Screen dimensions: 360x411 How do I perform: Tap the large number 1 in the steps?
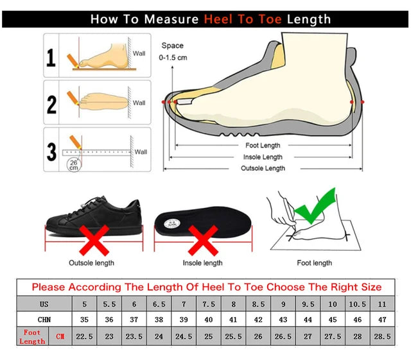[x=52, y=58]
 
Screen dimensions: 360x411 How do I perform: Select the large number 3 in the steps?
[x=52, y=151]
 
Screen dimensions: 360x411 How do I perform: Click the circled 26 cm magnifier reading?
[x=74, y=164]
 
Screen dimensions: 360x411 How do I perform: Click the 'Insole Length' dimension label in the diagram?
[x=263, y=157]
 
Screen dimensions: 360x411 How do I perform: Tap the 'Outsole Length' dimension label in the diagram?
[x=263, y=168]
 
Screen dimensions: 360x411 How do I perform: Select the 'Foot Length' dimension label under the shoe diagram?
[x=263, y=146]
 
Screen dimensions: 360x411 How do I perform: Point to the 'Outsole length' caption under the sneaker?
[x=92, y=263]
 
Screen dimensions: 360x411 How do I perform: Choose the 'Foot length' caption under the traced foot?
[x=314, y=263]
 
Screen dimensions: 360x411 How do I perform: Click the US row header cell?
[x=44, y=304]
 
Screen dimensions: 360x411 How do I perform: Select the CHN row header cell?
[x=44, y=320]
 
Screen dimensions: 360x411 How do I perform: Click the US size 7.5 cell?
[x=209, y=304]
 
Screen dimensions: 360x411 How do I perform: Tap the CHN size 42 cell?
[x=258, y=320]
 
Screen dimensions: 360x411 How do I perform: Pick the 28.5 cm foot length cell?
[x=383, y=336]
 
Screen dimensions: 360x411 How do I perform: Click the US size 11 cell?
[x=383, y=304]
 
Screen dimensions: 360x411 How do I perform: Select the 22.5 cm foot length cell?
[x=83, y=336]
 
